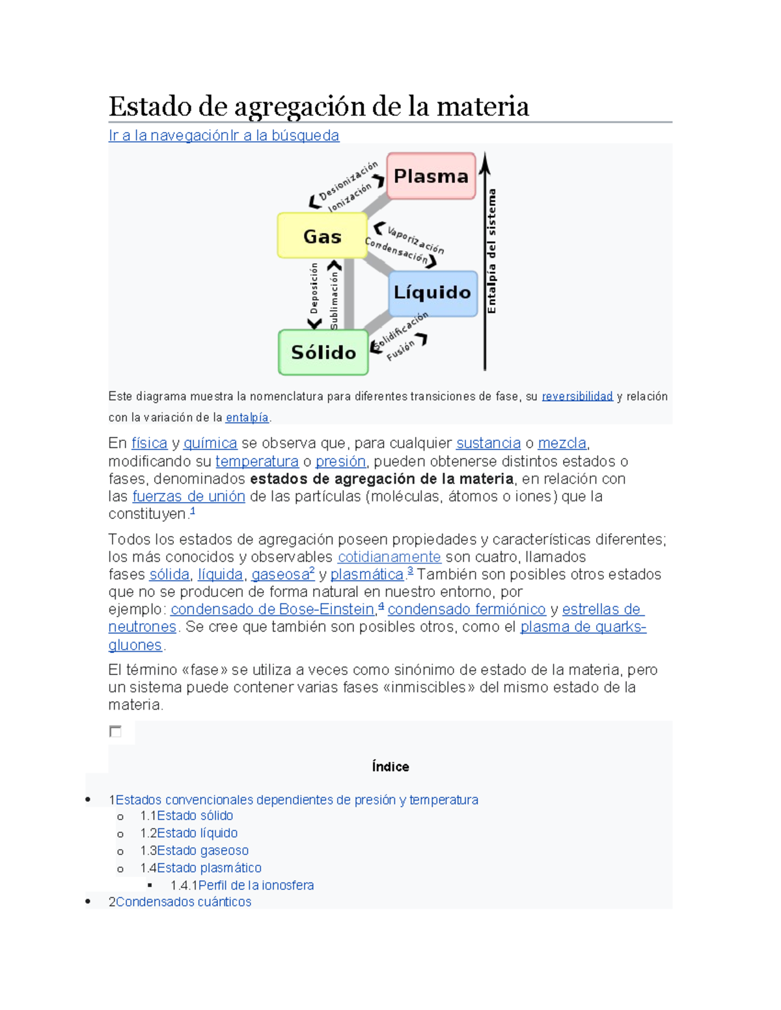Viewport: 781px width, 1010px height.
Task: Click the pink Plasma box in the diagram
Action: pyautogui.click(x=431, y=176)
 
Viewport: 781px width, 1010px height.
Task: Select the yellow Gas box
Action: pyautogui.click(x=322, y=236)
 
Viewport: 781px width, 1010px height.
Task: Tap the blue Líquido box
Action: pyautogui.click(x=433, y=293)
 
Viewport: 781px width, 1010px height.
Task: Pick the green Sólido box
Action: pyautogui.click(x=323, y=352)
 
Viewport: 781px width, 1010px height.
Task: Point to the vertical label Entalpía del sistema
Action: pyautogui.click(x=492, y=251)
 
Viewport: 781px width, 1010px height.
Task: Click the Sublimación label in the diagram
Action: pyautogui.click(x=334, y=300)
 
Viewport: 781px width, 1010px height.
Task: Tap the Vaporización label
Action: pyautogui.click(x=416, y=240)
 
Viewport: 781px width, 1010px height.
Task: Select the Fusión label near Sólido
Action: pyautogui.click(x=400, y=351)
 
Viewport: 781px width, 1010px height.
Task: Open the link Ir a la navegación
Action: pyautogui.click(x=169, y=135)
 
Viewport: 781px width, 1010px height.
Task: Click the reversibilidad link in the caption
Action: pyautogui.click(x=577, y=396)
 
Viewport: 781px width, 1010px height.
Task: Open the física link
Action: pyautogui.click(x=149, y=443)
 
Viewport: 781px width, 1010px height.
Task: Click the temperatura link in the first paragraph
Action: pyautogui.click(x=257, y=461)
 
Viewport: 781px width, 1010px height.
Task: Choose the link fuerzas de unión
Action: pyautogui.click(x=189, y=496)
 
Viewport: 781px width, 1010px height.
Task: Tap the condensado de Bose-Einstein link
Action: pyautogui.click(x=272, y=609)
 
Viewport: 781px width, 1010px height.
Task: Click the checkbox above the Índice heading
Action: pyautogui.click(x=115, y=732)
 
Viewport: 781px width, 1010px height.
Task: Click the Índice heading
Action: pyautogui.click(x=390, y=767)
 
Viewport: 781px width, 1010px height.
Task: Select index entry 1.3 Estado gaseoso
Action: pyautogui.click(x=202, y=851)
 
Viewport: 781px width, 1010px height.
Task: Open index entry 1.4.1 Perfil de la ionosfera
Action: pyautogui.click(x=256, y=885)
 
